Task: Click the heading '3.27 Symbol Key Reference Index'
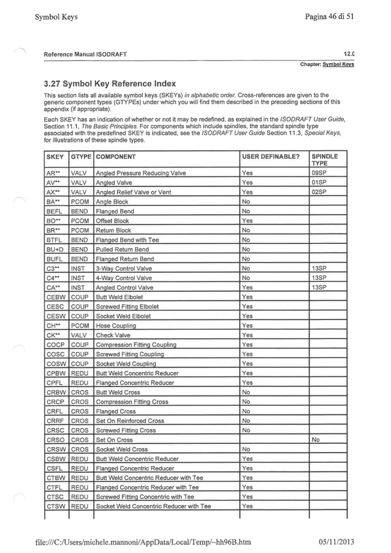coord(110,83)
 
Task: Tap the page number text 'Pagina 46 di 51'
coord(329,17)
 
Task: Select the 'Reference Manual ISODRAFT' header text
coord(85,55)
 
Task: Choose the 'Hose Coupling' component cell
coord(116,326)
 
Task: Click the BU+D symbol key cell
coord(56,250)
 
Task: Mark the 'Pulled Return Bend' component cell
coord(122,250)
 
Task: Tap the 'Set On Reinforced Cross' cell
coord(130,421)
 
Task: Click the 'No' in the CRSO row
coord(316,440)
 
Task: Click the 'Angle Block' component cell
coord(112,202)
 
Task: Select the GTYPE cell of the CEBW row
coord(80,297)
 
